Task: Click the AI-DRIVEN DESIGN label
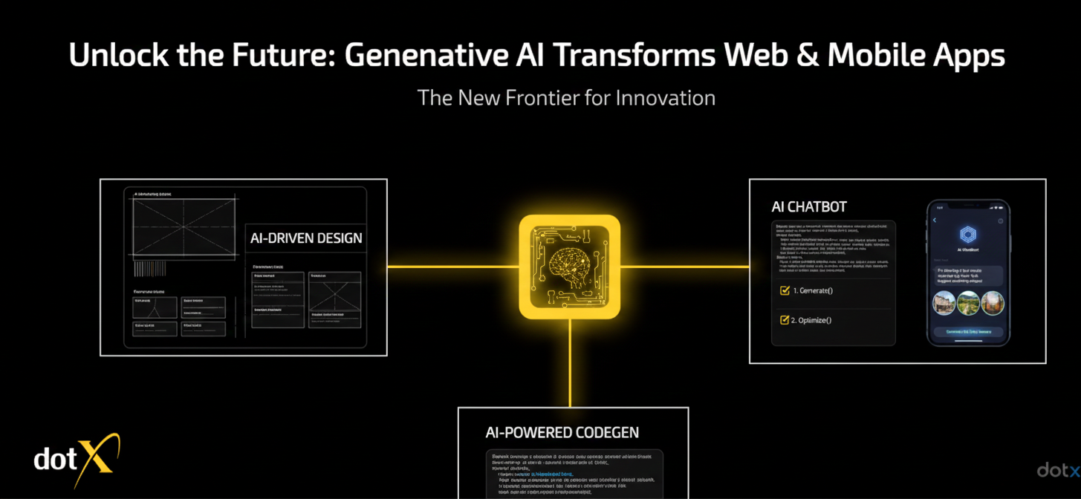click(306, 238)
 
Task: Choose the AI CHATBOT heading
click(809, 207)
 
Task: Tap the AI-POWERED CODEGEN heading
click(562, 432)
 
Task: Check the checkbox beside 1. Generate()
click(785, 290)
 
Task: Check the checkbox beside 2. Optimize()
click(785, 320)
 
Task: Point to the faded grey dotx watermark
click(1058, 470)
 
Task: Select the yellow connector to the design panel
click(452, 267)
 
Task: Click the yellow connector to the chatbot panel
click(684, 267)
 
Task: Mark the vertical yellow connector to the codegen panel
click(570, 363)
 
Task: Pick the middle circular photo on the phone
click(968, 303)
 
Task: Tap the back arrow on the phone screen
click(935, 221)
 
